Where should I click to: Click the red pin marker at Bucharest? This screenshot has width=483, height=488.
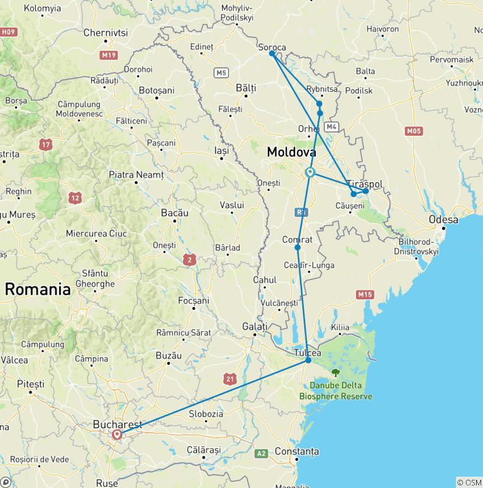[x=117, y=435]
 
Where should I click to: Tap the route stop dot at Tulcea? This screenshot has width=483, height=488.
[x=308, y=360]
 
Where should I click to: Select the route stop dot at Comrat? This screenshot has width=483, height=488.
[x=297, y=247]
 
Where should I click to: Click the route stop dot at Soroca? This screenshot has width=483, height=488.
[x=272, y=53]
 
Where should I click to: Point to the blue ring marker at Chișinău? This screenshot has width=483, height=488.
[x=310, y=172]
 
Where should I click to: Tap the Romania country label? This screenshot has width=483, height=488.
[x=38, y=289]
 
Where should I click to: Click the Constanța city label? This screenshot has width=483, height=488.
[x=297, y=452]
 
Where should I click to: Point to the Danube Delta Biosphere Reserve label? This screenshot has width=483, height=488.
[x=340, y=391]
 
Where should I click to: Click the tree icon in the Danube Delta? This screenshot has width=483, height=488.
[x=335, y=372]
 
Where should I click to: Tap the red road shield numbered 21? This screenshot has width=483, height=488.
[x=230, y=378]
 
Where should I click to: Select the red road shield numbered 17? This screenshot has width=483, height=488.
[x=45, y=145]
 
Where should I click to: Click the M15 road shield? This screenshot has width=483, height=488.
[x=365, y=294]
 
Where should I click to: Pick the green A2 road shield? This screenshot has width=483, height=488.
[x=261, y=453]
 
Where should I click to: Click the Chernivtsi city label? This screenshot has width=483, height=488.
[x=105, y=32]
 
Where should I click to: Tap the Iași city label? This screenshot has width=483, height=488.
[x=221, y=151]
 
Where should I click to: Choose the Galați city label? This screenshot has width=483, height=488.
[x=255, y=326]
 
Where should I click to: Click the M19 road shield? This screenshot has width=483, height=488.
[x=108, y=55]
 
